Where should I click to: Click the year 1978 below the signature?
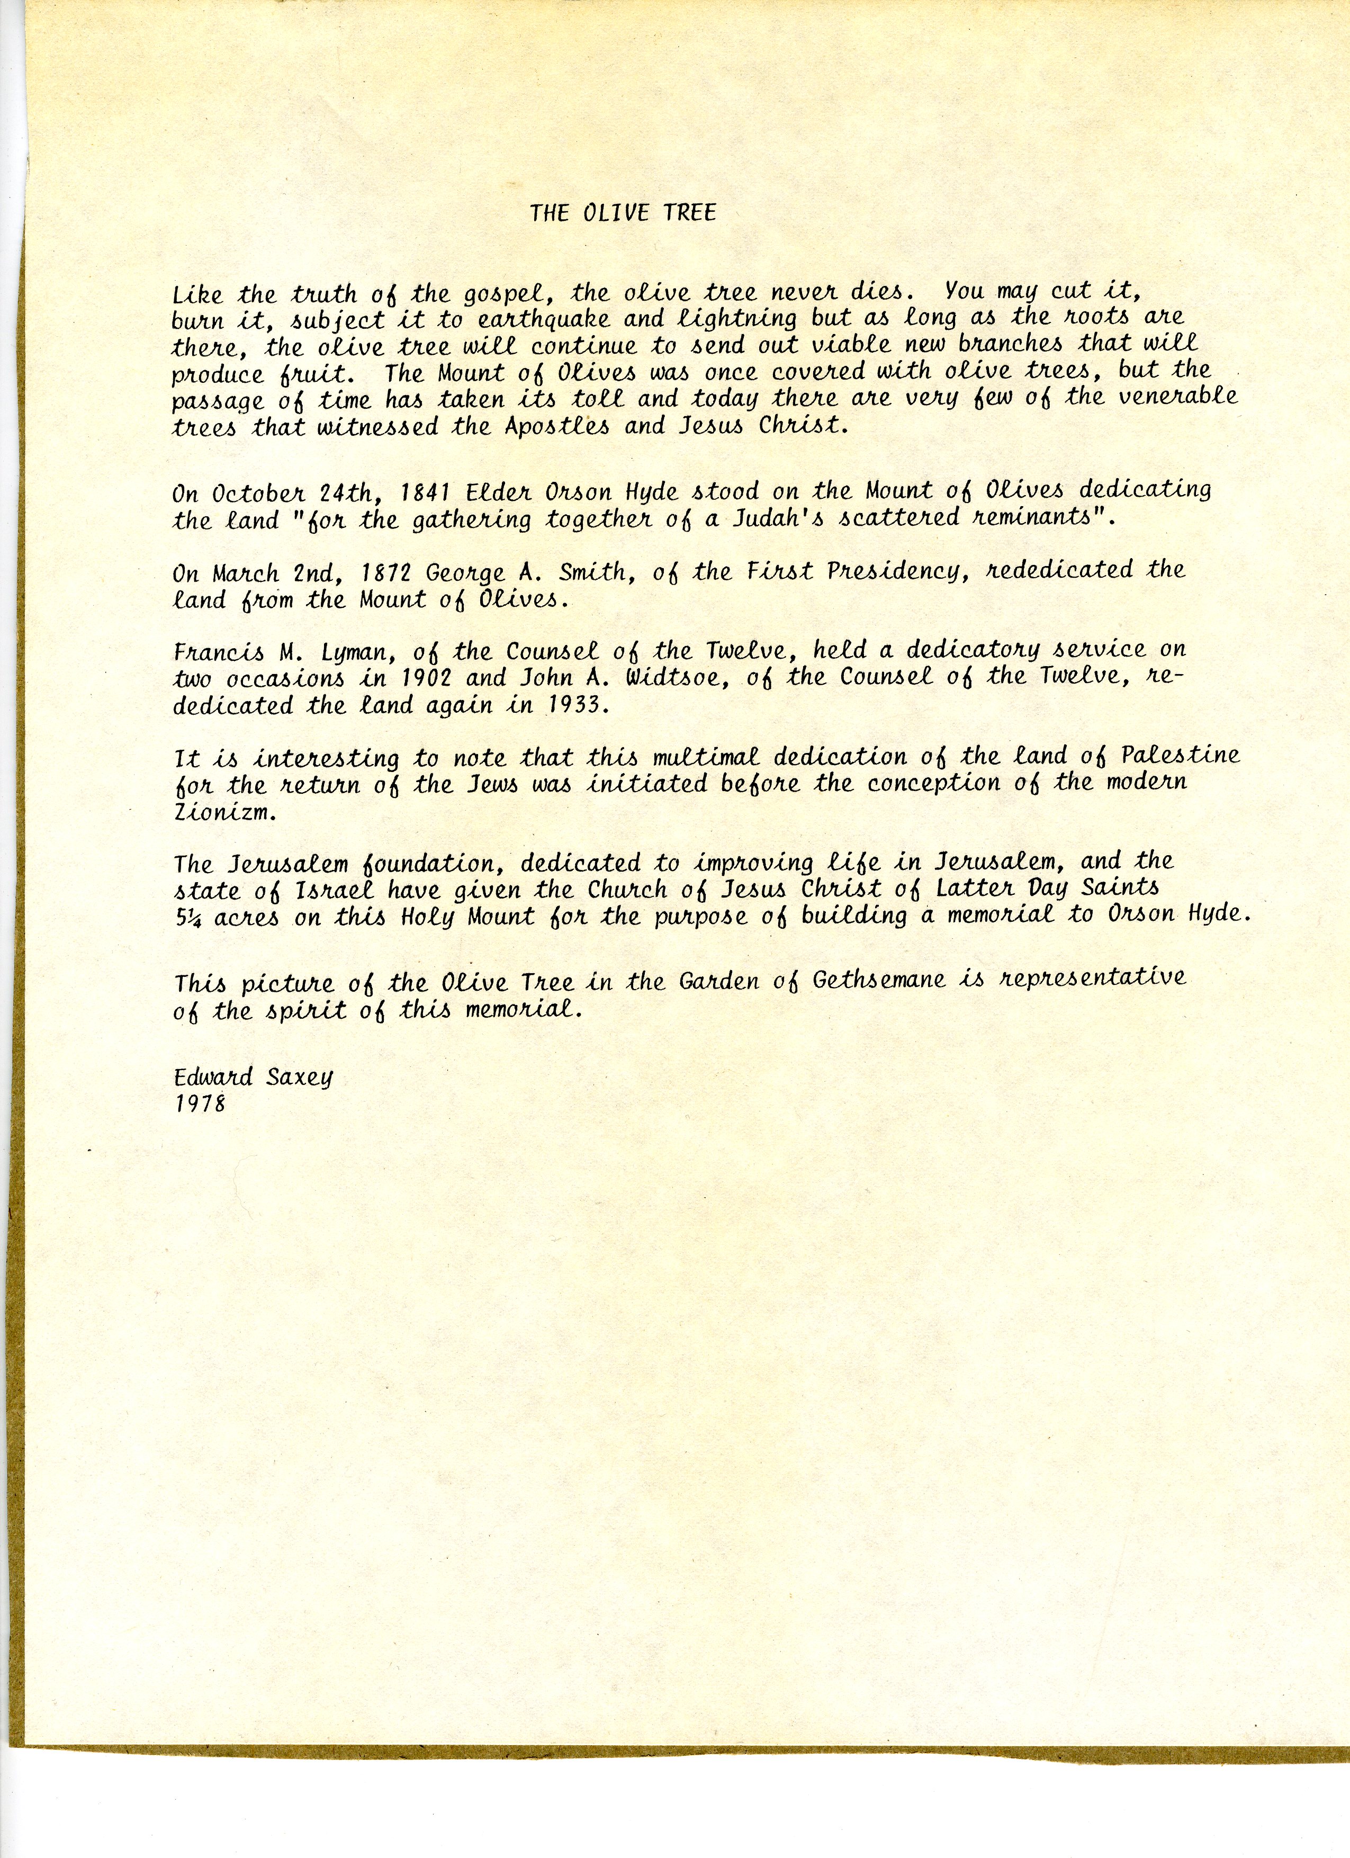pyautogui.click(x=200, y=1105)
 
